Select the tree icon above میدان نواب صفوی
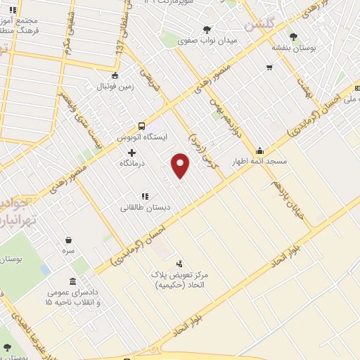(x=206, y=30)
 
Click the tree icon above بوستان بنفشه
(x=293, y=37)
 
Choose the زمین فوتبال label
(x=114, y=86)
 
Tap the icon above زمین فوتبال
(x=115, y=76)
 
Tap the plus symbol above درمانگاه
(x=131, y=153)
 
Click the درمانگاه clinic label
(x=131, y=163)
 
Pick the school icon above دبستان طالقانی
(x=144, y=196)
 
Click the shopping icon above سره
(x=68, y=240)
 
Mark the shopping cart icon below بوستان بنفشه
(x=269, y=67)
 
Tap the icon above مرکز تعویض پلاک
(x=179, y=262)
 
